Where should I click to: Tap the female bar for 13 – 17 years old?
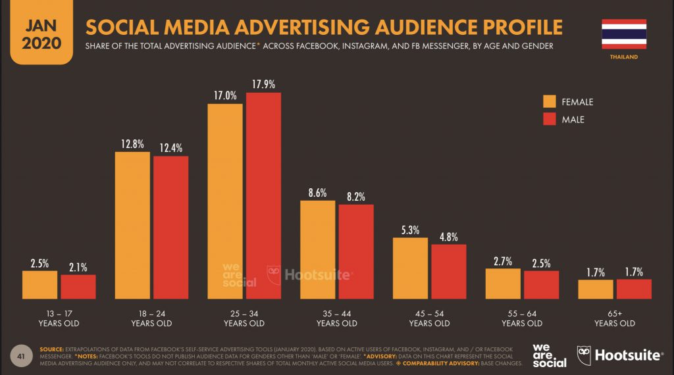coord(39,285)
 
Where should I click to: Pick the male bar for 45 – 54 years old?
coord(449,272)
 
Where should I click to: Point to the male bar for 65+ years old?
coord(634,289)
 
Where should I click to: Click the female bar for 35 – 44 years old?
coord(317,250)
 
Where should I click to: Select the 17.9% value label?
coord(263,84)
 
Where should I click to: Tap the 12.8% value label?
coord(132,144)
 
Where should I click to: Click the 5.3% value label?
coord(410,230)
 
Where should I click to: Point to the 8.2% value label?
coord(356,196)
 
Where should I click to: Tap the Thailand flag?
coord(623,34)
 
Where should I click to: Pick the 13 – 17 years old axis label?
coord(59,318)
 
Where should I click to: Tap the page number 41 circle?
coord(21,355)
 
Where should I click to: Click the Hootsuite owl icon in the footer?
coord(584,355)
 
